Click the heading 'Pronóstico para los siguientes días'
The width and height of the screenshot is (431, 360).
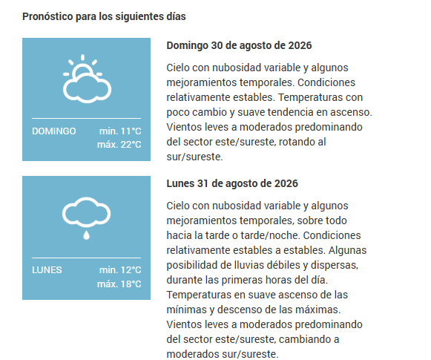(x=104, y=16)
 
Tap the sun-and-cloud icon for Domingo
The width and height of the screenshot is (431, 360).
(x=87, y=79)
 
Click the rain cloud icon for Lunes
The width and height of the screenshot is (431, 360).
(x=86, y=218)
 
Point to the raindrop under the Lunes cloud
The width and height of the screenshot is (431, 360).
(x=86, y=235)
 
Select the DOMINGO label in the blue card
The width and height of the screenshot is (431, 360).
(x=54, y=131)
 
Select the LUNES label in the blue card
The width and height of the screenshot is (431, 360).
(x=47, y=270)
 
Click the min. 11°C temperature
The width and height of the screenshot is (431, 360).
(x=120, y=131)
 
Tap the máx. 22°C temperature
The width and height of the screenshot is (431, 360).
(x=119, y=145)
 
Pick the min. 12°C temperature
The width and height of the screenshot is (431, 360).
(x=120, y=270)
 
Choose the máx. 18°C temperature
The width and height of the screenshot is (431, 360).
(x=119, y=284)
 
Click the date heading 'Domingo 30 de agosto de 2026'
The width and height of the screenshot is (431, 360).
(x=239, y=45)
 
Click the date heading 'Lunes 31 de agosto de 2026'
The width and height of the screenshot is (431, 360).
(x=232, y=183)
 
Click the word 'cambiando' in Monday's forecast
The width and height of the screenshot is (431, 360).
(x=303, y=339)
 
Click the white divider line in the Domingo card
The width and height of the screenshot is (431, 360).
(x=86, y=118)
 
